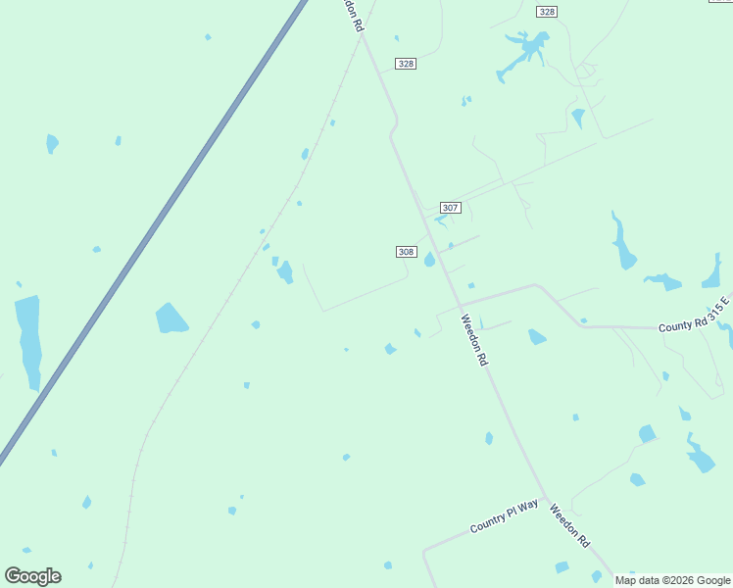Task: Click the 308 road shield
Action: pyautogui.click(x=407, y=252)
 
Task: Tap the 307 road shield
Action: pyautogui.click(x=450, y=208)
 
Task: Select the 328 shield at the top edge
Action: pyautogui.click(x=547, y=11)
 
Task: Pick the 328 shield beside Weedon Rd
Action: pyautogui.click(x=406, y=63)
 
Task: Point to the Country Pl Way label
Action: pyautogui.click(x=504, y=516)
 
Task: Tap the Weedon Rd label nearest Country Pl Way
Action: pyautogui.click(x=569, y=525)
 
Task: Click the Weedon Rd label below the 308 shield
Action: pyautogui.click(x=473, y=340)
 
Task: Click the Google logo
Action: pyautogui.click(x=32, y=576)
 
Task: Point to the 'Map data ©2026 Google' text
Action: pyautogui.click(x=672, y=580)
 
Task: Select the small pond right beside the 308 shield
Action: pyautogui.click(x=429, y=260)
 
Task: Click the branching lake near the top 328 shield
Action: pyautogui.click(x=525, y=49)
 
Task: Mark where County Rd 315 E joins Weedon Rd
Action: pyautogui.click(x=460, y=304)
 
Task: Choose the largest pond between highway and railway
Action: pyautogui.click(x=171, y=318)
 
